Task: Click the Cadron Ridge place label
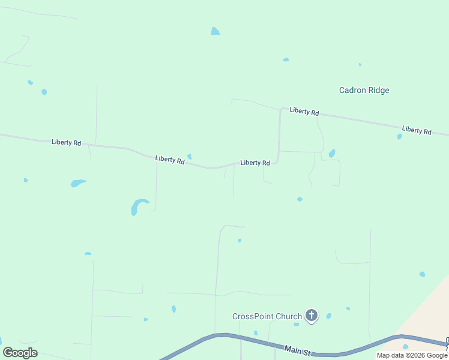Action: pyautogui.click(x=364, y=91)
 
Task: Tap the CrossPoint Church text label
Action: pyautogui.click(x=267, y=316)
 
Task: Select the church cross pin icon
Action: pyautogui.click(x=311, y=315)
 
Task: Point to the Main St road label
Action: pyautogui.click(x=296, y=349)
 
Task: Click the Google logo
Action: pyautogui.click(x=20, y=353)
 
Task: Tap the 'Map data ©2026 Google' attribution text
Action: pyautogui.click(x=412, y=356)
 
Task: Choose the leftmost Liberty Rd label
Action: pyautogui.click(x=66, y=142)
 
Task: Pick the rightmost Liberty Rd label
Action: pyautogui.click(x=417, y=130)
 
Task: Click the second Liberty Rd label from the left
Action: pyautogui.click(x=169, y=159)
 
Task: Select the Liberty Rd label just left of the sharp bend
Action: pyautogui.click(x=255, y=163)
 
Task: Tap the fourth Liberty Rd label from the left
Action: pyautogui.click(x=304, y=112)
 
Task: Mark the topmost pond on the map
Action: pyautogui.click(x=215, y=31)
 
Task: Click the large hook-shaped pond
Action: pyautogui.click(x=138, y=206)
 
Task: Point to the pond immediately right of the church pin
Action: pyautogui.click(x=329, y=316)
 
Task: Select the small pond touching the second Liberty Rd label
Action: pyautogui.click(x=189, y=157)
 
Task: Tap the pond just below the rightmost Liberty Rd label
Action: pyautogui.click(x=399, y=137)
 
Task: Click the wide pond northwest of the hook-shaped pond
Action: pyautogui.click(x=77, y=183)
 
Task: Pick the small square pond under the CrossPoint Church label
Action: pyautogui.click(x=296, y=324)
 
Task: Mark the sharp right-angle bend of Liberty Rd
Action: pyautogui.click(x=278, y=161)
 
